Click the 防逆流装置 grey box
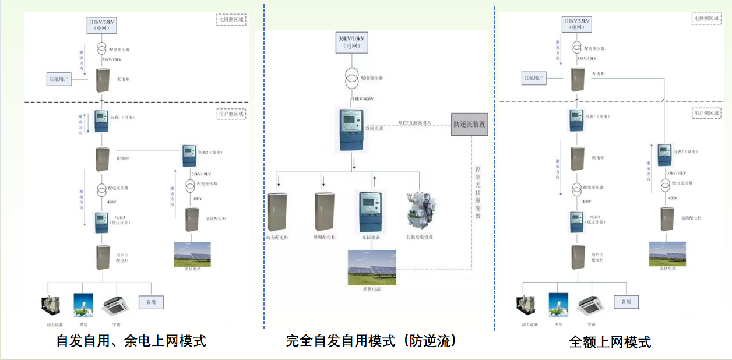(469, 124)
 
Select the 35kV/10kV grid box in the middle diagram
(352, 42)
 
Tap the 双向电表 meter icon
(352, 129)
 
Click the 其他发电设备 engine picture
(420, 211)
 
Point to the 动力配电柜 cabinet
(278, 211)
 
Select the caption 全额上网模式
(610, 342)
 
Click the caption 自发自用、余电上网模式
(131, 340)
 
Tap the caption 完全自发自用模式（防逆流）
(371, 340)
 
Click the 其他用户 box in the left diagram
(59, 79)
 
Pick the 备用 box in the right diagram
(626, 302)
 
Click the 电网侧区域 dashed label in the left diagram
(231, 19)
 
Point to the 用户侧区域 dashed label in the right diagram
(706, 114)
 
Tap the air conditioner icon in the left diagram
(115, 304)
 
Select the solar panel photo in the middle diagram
(371, 268)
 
